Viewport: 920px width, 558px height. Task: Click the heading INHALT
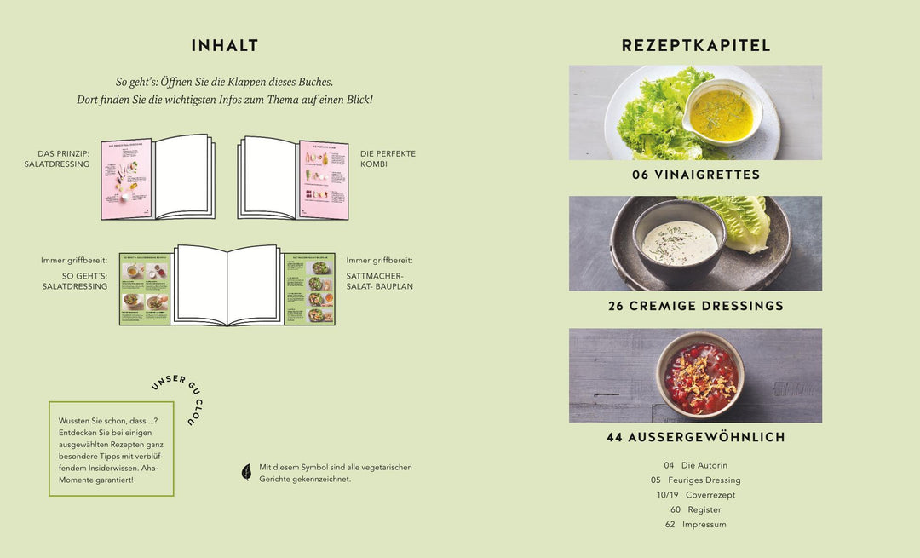point(225,46)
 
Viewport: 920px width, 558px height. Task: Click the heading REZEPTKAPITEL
point(696,46)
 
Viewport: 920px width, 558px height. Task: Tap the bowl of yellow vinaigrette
point(722,112)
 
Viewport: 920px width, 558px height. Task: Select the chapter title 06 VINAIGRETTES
point(696,175)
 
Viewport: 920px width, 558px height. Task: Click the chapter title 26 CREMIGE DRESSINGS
point(696,306)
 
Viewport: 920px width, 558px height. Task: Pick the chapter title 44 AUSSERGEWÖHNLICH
point(696,437)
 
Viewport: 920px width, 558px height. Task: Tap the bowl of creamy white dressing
point(679,242)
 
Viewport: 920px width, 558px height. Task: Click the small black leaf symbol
point(247,472)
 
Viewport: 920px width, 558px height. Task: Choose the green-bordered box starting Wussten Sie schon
point(111,450)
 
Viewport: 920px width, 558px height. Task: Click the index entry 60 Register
point(695,509)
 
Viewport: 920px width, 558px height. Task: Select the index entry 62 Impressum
point(695,525)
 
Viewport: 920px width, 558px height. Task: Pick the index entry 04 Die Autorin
point(695,465)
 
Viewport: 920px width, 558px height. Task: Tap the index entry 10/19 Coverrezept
point(695,495)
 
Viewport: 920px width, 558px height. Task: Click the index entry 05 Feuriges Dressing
point(695,480)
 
